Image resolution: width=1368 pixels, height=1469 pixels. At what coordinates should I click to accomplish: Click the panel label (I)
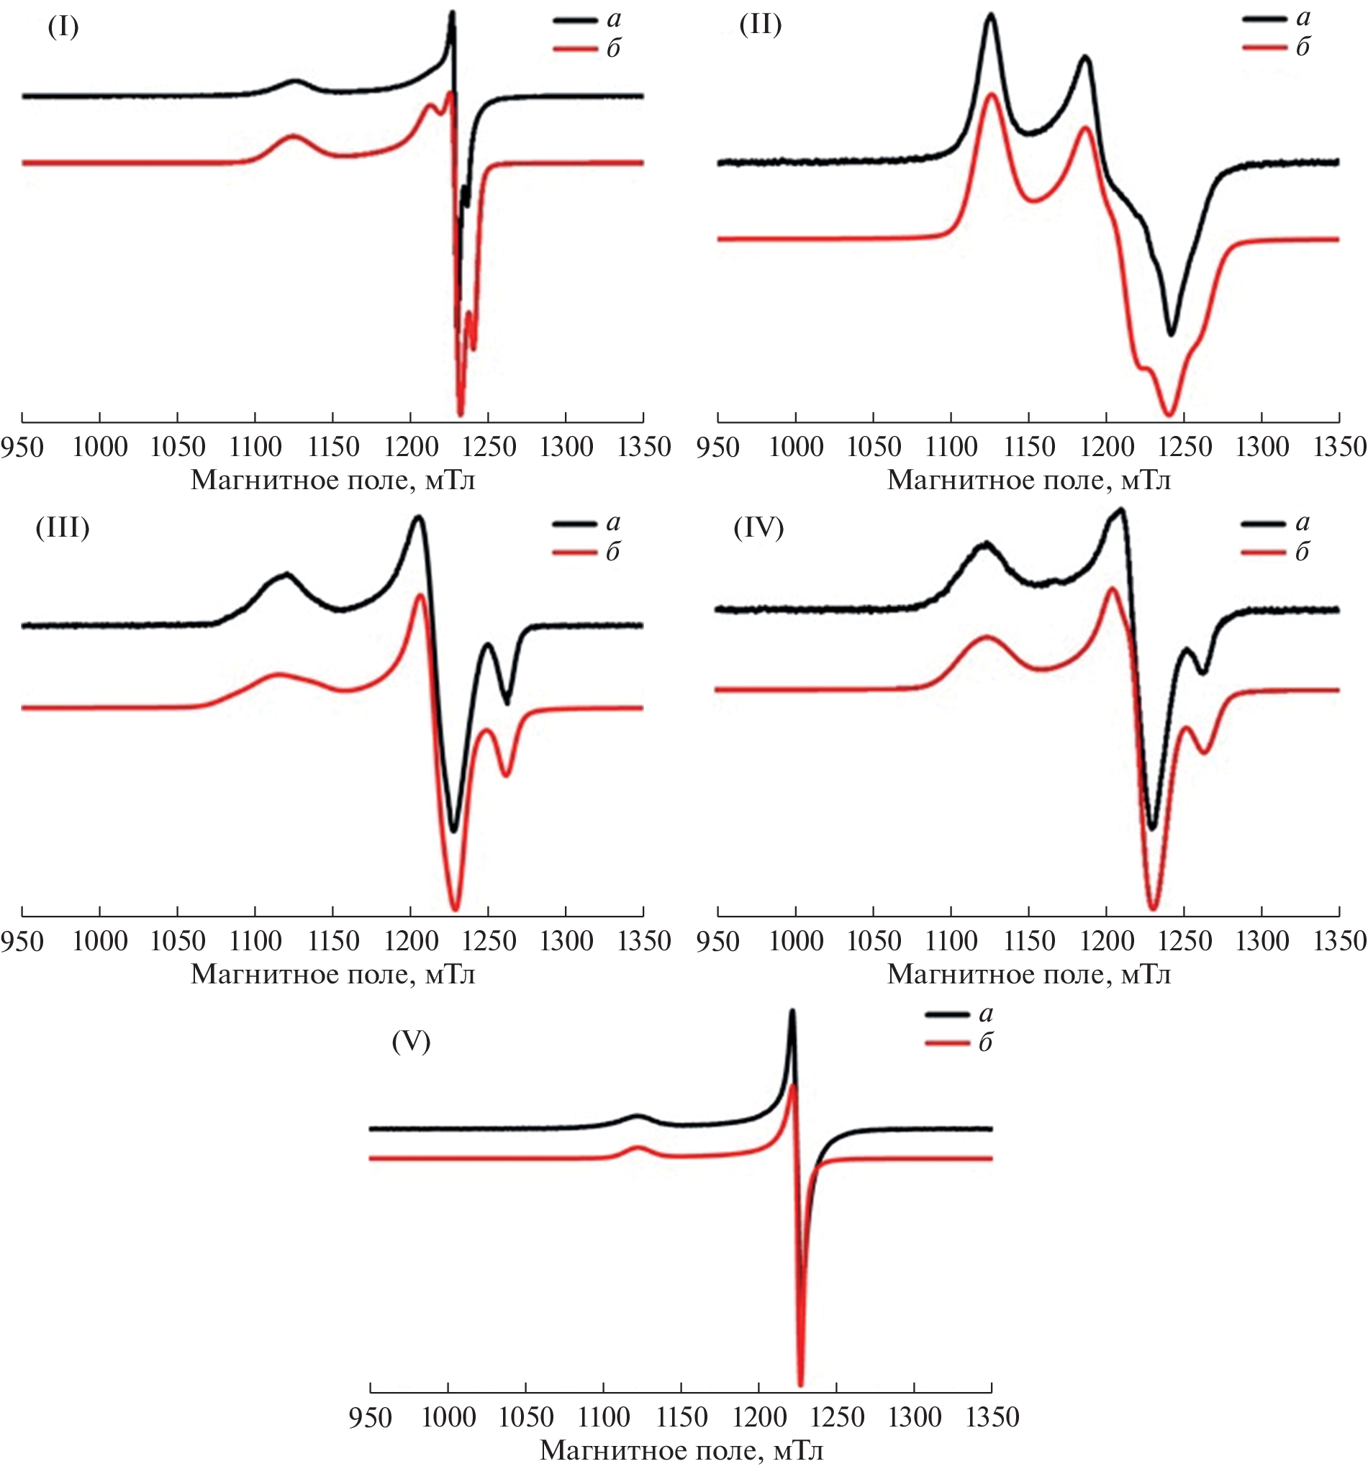click(x=63, y=27)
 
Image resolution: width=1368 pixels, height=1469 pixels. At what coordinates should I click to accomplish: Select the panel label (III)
click(x=62, y=527)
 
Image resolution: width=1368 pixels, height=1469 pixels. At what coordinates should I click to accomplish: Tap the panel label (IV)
click(x=758, y=527)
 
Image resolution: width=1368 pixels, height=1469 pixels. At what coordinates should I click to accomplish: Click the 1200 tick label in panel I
click(x=411, y=447)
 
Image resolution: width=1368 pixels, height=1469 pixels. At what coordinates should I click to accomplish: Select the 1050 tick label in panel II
click(x=874, y=447)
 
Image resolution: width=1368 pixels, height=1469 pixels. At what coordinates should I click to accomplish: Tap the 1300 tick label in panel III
click(x=566, y=942)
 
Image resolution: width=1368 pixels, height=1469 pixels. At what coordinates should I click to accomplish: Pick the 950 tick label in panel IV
click(x=717, y=942)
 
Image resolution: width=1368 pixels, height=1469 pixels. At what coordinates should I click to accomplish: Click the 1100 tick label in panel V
click(x=604, y=1416)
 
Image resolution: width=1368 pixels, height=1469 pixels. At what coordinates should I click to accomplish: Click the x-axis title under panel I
click(x=332, y=481)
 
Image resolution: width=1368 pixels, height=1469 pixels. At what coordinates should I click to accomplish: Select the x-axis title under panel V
click(x=681, y=1450)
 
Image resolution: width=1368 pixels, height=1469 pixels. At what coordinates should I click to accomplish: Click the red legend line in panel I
click(x=574, y=50)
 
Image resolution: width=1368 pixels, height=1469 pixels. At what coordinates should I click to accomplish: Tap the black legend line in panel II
click(x=1264, y=20)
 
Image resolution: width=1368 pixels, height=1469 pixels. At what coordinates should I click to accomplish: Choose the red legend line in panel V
click(x=947, y=1042)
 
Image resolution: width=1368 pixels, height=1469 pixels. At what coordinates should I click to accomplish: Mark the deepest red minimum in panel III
click(x=456, y=908)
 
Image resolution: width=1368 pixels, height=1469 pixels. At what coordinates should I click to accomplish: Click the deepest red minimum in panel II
click(x=1169, y=414)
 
